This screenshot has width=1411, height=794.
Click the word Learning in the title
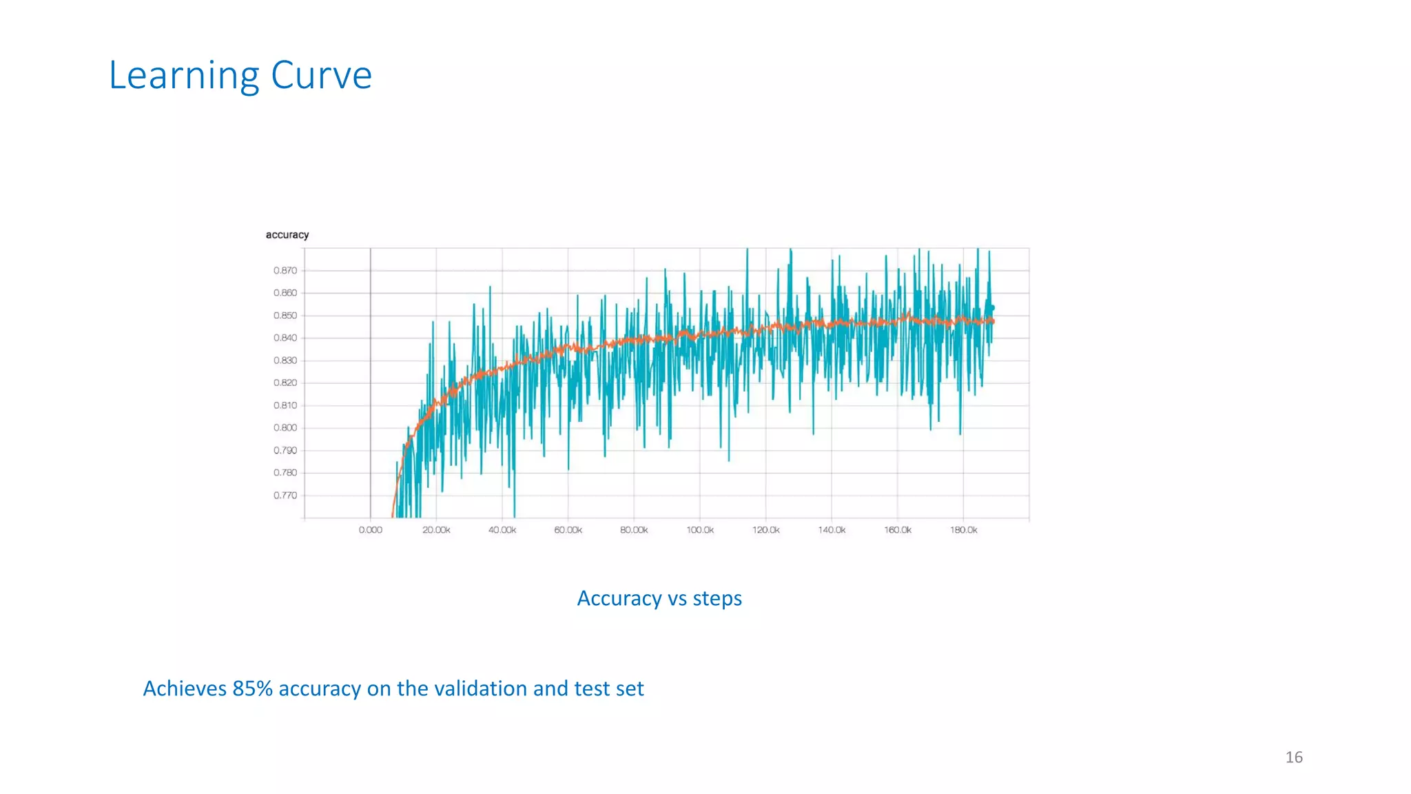183,76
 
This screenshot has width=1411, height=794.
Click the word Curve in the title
321,75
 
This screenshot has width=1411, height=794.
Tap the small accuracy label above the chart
287,235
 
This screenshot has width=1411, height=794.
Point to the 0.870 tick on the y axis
285,271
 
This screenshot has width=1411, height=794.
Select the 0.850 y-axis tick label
285,316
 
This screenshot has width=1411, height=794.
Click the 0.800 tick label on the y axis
285,428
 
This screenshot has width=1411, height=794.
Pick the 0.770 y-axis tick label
285,496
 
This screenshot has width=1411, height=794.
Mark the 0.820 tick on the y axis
285,383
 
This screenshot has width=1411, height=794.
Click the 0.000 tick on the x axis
370,530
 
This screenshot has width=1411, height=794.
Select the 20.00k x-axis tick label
436,530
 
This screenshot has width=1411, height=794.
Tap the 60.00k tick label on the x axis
568,530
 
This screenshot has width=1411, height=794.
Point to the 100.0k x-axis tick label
700,530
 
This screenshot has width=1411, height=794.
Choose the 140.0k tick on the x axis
832,530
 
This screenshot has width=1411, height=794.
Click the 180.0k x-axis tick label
963,530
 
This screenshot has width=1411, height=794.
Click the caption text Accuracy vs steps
659,598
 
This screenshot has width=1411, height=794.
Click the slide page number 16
1293,757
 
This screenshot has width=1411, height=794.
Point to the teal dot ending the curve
992,308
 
